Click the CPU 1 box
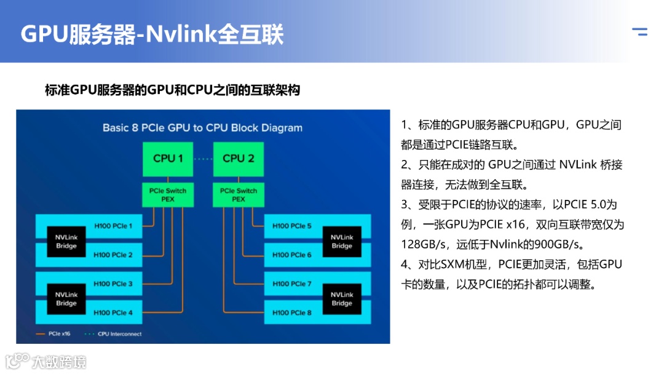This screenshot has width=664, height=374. coord(168,159)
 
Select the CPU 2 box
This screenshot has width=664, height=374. coord(238,159)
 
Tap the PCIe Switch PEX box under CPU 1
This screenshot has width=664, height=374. coord(168,194)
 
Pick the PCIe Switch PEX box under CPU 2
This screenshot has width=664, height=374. coord(238,194)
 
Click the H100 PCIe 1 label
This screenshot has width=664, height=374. coord(113,226)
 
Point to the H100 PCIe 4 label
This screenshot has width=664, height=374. coord(113,312)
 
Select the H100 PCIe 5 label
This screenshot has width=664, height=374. coord(292,226)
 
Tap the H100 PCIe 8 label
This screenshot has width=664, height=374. coord(292,312)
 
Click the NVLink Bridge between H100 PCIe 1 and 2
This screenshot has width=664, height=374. coord(66,241)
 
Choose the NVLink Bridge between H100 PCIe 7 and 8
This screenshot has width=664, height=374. coord(342,299)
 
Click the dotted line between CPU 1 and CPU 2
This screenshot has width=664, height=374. coord(203,159)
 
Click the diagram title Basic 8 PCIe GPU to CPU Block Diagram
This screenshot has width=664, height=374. coord(202,128)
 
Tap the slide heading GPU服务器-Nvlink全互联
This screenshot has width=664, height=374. coord(152,34)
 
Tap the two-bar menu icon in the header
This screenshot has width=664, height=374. coord(640,32)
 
